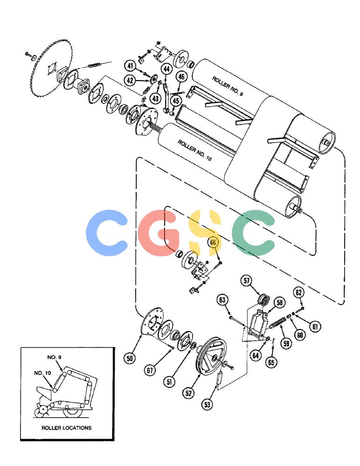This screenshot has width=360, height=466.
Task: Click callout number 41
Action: (x=130, y=65)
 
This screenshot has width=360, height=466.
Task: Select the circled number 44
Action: (x=166, y=69)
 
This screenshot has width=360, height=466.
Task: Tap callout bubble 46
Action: (x=181, y=77)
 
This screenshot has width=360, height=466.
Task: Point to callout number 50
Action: (x=130, y=358)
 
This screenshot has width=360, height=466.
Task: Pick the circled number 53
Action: (x=207, y=404)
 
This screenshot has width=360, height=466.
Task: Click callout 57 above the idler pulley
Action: (x=246, y=281)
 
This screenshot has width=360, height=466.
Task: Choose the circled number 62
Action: (x=299, y=293)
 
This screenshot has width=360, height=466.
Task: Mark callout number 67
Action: (x=150, y=370)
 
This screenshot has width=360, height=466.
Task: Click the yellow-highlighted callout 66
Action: (x=213, y=242)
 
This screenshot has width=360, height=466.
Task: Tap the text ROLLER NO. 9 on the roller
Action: (x=227, y=86)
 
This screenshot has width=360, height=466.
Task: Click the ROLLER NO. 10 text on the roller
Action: (x=194, y=150)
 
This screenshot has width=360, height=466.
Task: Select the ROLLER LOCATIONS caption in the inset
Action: (x=66, y=428)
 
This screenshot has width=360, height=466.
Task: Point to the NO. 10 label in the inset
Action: (x=42, y=373)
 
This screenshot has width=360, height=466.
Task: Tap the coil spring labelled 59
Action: (x=278, y=323)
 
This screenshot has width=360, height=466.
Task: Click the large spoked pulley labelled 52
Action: (x=212, y=356)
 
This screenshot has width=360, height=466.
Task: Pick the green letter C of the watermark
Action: (x=254, y=233)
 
